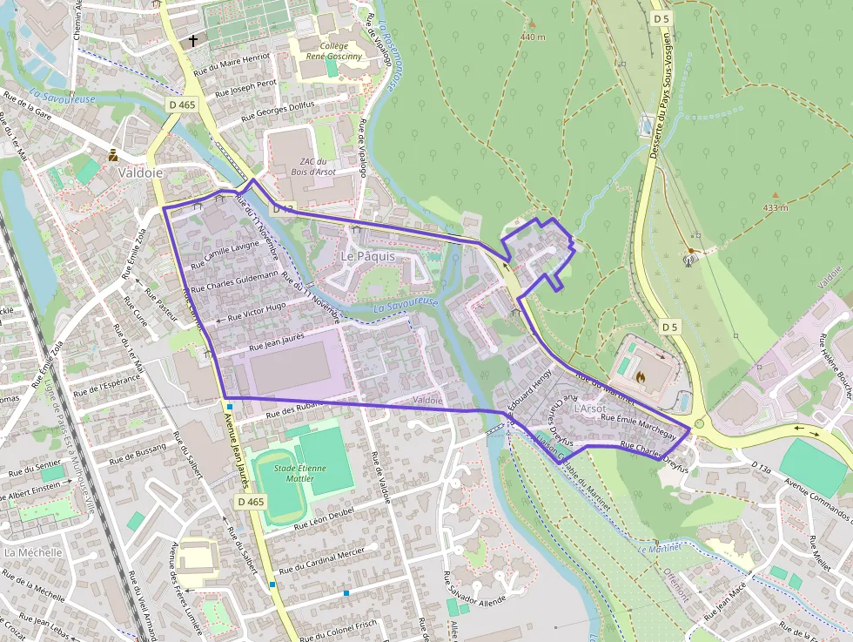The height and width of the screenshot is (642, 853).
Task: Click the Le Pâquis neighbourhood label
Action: click(x=366, y=257)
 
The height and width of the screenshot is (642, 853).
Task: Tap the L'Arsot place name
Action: click(x=589, y=408)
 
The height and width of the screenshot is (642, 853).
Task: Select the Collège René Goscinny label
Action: click(x=321, y=51)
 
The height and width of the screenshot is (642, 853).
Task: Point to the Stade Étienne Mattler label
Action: click(x=299, y=472)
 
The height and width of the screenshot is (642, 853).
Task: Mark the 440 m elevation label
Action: click(x=532, y=37)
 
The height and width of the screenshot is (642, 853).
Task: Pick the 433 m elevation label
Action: click(x=775, y=207)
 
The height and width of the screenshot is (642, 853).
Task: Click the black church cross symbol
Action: click(x=192, y=40)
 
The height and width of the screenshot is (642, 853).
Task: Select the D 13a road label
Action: click(x=760, y=469)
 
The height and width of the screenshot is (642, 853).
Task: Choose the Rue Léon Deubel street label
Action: click(x=327, y=521)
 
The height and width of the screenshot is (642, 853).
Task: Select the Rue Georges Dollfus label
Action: click(x=277, y=110)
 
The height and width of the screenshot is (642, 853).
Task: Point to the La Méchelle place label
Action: click(x=33, y=552)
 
